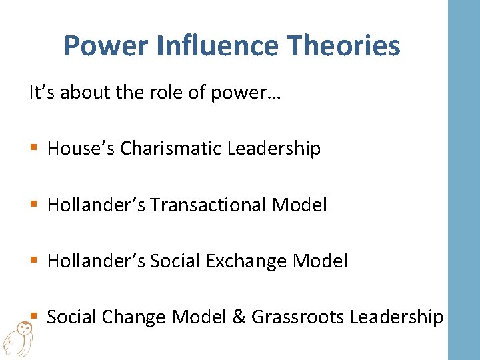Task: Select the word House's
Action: click(81, 148)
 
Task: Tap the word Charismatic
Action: click(171, 148)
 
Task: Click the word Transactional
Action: click(209, 205)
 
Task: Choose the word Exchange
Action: click(240, 261)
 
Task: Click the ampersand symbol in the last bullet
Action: click(238, 317)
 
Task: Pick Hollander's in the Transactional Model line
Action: click(97, 205)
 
